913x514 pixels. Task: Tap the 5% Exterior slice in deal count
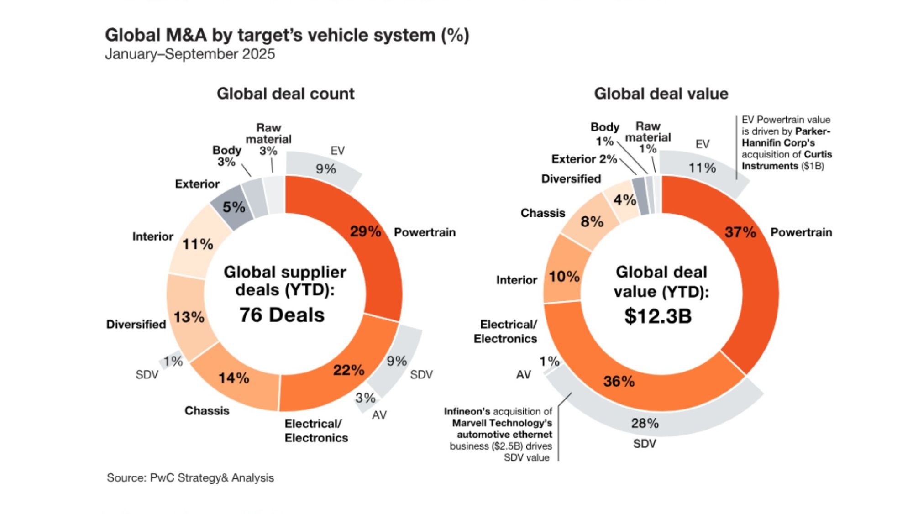click(233, 208)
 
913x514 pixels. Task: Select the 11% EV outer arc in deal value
click(702, 168)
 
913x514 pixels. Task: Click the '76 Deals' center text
click(282, 315)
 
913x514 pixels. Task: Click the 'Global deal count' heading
click(285, 94)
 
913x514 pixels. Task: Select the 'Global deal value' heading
click(661, 94)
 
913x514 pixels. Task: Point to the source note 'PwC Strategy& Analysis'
click(212, 478)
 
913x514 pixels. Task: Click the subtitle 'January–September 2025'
click(190, 54)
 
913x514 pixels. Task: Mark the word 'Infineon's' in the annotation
click(467, 412)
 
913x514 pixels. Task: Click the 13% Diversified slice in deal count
click(189, 317)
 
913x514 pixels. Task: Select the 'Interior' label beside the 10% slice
click(516, 280)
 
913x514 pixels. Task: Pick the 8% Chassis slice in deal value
click(592, 222)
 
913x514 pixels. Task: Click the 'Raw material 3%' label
click(268, 139)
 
